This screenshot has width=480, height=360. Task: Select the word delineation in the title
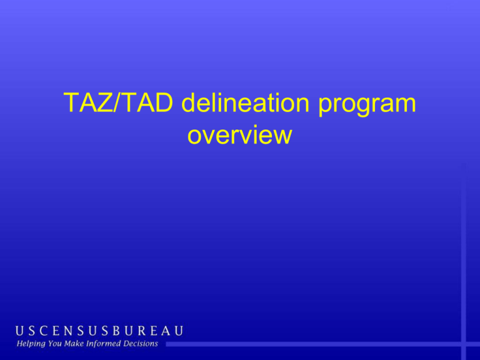click(245, 102)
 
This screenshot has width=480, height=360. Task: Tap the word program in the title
click(367, 105)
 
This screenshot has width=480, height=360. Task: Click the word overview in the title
click(240, 135)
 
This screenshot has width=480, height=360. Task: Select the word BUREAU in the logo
click(148, 331)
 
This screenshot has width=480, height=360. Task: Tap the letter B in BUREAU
click(116, 331)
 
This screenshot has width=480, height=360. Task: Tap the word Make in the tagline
click(74, 344)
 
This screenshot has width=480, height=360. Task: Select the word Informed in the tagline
click(104, 344)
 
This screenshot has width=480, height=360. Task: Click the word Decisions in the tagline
click(141, 344)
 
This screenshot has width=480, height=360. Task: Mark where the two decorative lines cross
click(464, 344)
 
